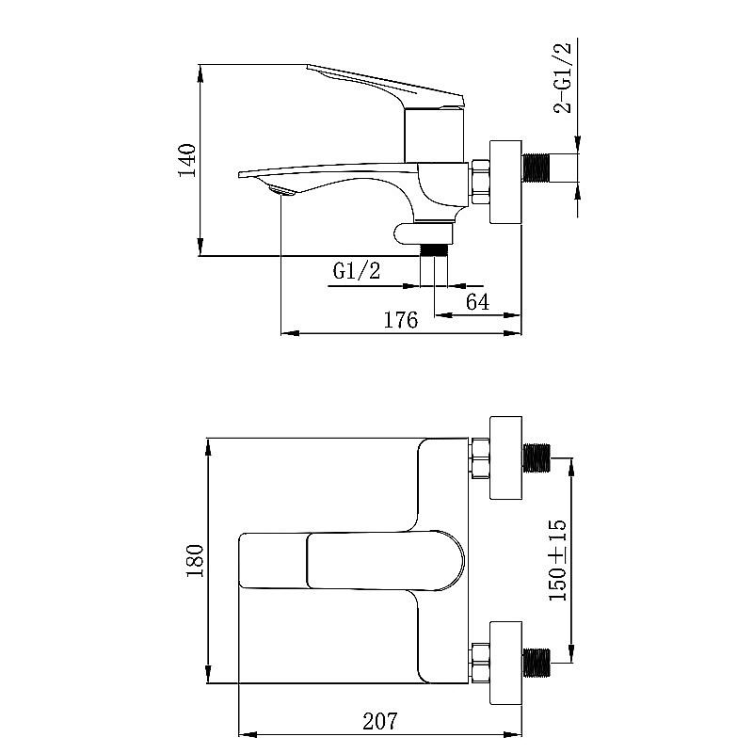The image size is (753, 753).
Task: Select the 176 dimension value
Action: point(401,320)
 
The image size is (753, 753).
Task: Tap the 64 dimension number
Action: point(478,301)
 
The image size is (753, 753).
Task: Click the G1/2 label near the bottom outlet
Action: point(357,272)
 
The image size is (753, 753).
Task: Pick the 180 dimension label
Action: point(195,561)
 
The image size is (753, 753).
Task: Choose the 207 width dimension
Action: point(380,721)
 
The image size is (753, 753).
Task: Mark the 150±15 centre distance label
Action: point(557,561)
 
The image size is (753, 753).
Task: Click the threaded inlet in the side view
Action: point(537,168)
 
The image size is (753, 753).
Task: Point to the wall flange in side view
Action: point(506,182)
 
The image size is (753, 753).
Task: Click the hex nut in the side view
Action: point(481,182)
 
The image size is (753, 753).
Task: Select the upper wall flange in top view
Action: point(506,457)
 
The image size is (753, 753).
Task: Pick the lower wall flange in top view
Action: point(506,664)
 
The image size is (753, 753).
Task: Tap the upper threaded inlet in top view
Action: point(537,457)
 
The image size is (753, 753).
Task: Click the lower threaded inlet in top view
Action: point(537,664)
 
